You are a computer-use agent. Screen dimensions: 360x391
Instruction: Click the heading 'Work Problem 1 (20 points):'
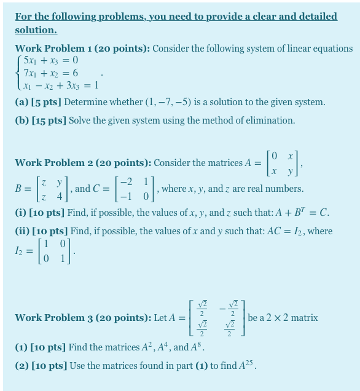82,49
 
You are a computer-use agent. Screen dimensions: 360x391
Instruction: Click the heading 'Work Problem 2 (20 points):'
83,163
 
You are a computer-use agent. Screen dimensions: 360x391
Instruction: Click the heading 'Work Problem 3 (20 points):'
83,318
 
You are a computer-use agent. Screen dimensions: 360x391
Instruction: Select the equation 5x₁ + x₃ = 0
50,60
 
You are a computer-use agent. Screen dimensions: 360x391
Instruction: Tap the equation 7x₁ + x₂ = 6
50,73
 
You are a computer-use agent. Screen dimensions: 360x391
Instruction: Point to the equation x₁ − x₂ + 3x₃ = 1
60,86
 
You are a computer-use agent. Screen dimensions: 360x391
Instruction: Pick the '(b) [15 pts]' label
41,120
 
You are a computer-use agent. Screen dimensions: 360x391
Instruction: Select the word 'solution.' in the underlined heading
36,30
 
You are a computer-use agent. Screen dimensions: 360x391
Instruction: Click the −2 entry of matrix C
126,183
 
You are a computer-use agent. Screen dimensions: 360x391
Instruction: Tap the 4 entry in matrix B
60,197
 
